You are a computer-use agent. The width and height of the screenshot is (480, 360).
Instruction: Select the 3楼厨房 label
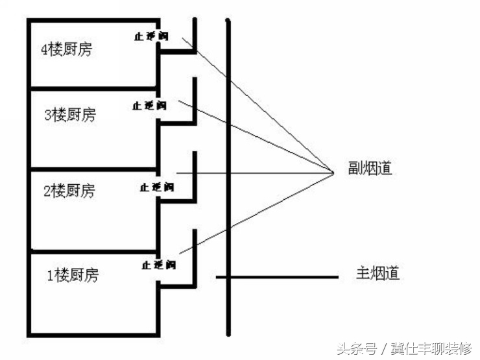click(69, 115)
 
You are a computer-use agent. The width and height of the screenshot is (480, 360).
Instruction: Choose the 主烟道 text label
click(378, 273)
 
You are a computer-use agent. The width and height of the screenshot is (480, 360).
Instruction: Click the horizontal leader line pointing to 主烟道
click(279, 278)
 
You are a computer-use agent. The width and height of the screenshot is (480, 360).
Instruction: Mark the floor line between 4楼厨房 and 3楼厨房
click(93, 87)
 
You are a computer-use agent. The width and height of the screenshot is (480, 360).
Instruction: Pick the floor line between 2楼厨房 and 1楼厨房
click(93, 251)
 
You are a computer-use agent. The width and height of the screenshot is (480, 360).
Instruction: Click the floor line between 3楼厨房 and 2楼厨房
click(93, 169)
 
